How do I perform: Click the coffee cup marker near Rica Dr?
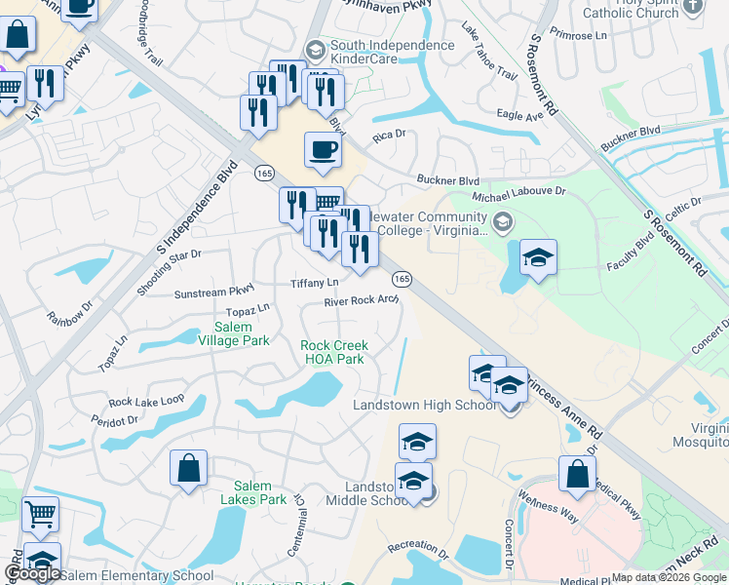click(323, 150)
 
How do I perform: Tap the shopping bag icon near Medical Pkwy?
click(577, 474)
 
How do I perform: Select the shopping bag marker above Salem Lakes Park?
click(188, 468)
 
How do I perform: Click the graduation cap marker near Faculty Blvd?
click(538, 258)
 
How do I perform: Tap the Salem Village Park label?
click(234, 333)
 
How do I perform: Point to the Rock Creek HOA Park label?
click(332, 352)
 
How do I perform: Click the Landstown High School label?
click(424, 406)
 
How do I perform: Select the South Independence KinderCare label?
click(392, 53)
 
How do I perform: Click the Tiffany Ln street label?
click(315, 283)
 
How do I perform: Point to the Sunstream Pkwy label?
click(213, 291)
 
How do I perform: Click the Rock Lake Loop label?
click(146, 400)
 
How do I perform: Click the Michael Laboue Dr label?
click(518, 194)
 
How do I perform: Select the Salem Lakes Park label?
click(260, 493)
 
